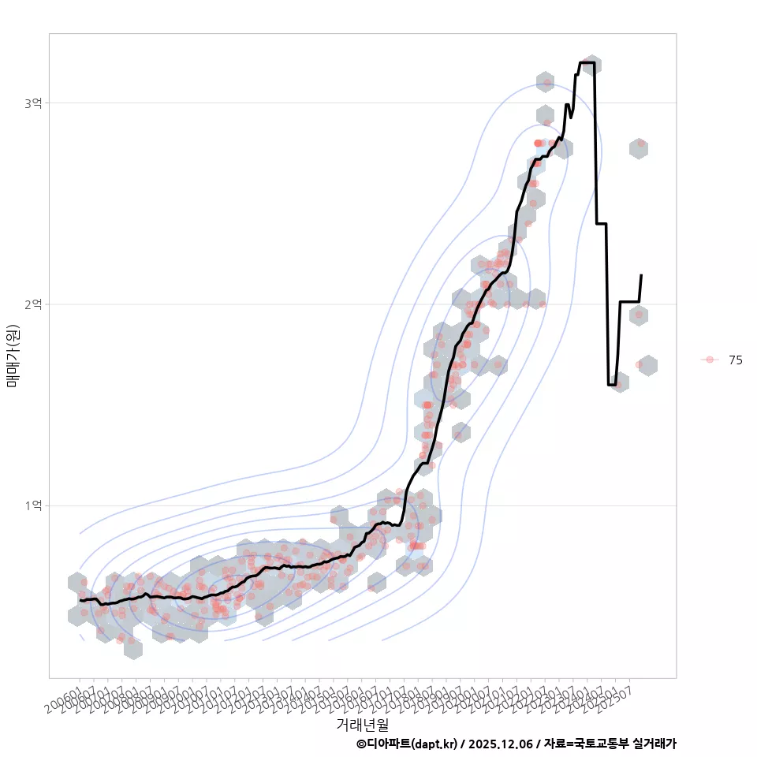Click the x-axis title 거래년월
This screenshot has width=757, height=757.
[x=362, y=724]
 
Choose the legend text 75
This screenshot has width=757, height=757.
[x=736, y=360]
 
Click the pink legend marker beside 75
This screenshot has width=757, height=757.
[x=710, y=360]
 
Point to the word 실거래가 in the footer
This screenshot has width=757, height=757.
[x=654, y=744]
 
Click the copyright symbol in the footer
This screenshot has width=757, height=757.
[x=361, y=744]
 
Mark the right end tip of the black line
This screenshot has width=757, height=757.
[x=641, y=275]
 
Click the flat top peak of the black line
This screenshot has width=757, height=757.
[x=587, y=62]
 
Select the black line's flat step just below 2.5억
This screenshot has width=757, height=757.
[x=601, y=224]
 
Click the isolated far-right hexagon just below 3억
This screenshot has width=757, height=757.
[x=639, y=147]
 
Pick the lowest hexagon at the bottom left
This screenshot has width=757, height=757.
[x=132, y=649]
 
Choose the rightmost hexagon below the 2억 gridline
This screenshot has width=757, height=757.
[x=647, y=365]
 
